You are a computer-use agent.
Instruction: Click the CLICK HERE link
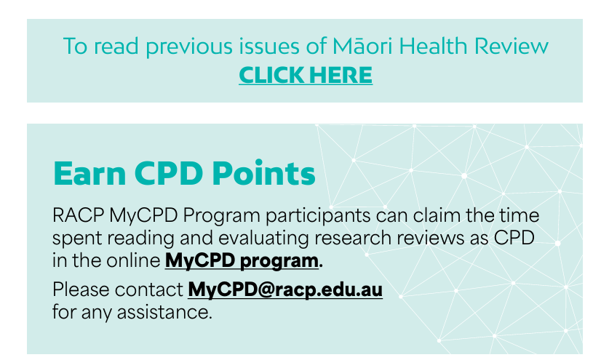point(306,74)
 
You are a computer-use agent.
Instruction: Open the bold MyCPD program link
point(242,260)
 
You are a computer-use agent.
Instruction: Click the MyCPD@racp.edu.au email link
point(285,289)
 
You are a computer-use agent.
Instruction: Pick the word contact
point(149,289)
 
